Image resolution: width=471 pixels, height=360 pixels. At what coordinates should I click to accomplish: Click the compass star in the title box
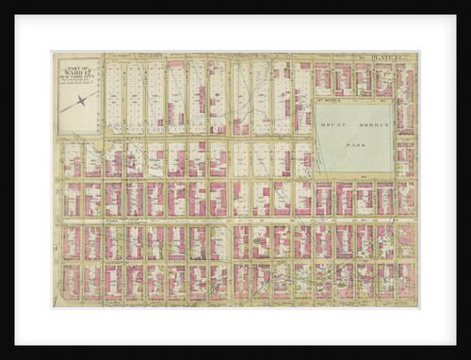point(82,99)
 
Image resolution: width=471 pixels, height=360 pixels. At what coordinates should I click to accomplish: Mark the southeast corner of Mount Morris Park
point(393,172)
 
